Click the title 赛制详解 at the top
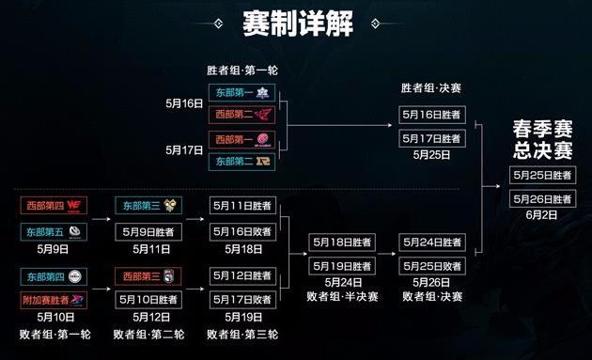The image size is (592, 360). click(296, 23)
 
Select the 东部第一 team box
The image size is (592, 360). click(241, 93)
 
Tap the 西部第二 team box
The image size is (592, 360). click(241, 116)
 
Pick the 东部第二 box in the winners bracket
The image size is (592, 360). click(241, 162)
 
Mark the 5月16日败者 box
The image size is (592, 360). click(242, 230)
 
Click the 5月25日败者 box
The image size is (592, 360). click(432, 265)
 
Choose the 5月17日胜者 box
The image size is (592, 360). click(432, 138)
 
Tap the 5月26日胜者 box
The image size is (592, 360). click(542, 198)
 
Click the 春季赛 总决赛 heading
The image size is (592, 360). click(542, 139)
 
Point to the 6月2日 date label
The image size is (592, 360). click(542, 214)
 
